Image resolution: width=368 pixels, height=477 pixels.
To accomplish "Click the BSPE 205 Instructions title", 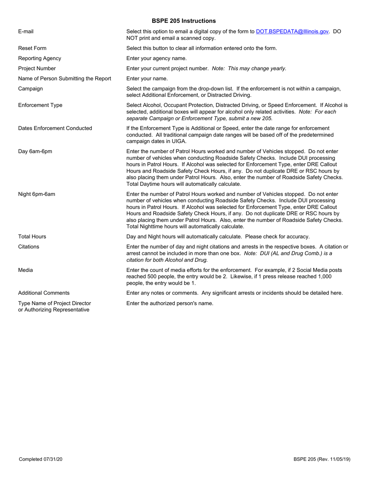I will (184, 21).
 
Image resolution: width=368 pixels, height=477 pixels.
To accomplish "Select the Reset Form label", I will (32, 48).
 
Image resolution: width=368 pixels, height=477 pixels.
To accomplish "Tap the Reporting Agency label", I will (40, 58).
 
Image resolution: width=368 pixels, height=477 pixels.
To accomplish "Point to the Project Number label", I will (37, 68).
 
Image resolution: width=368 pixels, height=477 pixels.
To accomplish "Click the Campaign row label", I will (30, 88).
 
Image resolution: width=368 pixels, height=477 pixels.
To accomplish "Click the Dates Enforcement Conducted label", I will (55, 128).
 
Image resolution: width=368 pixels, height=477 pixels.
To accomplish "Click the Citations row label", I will (29, 246).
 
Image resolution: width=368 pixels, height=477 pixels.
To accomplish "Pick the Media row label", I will (26, 270).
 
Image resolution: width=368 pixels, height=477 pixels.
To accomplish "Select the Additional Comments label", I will (44, 293).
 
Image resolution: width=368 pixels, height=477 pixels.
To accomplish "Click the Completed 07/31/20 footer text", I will (41, 459).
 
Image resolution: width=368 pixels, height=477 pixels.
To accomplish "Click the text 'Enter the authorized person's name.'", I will (170, 303).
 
